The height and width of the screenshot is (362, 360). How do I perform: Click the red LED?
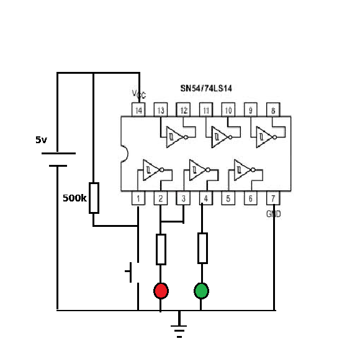pyautogui.click(x=161, y=291)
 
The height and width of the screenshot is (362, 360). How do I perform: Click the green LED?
pyautogui.click(x=201, y=291)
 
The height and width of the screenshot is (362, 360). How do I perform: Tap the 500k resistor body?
pyautogui.click(x=94, y=198)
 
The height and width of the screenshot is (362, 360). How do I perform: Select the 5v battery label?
pyautogui.click(x=41, y=139)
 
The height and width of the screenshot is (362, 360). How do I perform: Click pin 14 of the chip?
pyautogui.click(x=138, y=110)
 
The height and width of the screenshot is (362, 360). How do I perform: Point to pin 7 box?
pyautogui.click(x=273, y=198)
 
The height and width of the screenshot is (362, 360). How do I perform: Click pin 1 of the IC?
pyautogui.click(x=138, y=198)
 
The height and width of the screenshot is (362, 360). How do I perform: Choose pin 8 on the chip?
pyautogui.click(x=273, y=110)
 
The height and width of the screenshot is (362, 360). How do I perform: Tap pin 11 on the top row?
pyautogui.click(x=206, y=110)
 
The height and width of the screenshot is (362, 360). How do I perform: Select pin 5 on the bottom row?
pyautogui.click(x=228, y=198)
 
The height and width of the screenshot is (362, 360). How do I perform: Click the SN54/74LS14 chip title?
pyautogui.click(x=206, y=88)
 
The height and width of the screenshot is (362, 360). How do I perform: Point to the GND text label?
pyautogui.click(x=274, y=214)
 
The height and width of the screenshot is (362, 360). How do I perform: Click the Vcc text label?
pyautogui.click(x=139, y=94)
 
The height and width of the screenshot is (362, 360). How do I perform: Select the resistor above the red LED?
pyautogui.click(x=161, y=249)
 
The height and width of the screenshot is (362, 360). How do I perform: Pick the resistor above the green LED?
pyautogui.click(x=202, y=248)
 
